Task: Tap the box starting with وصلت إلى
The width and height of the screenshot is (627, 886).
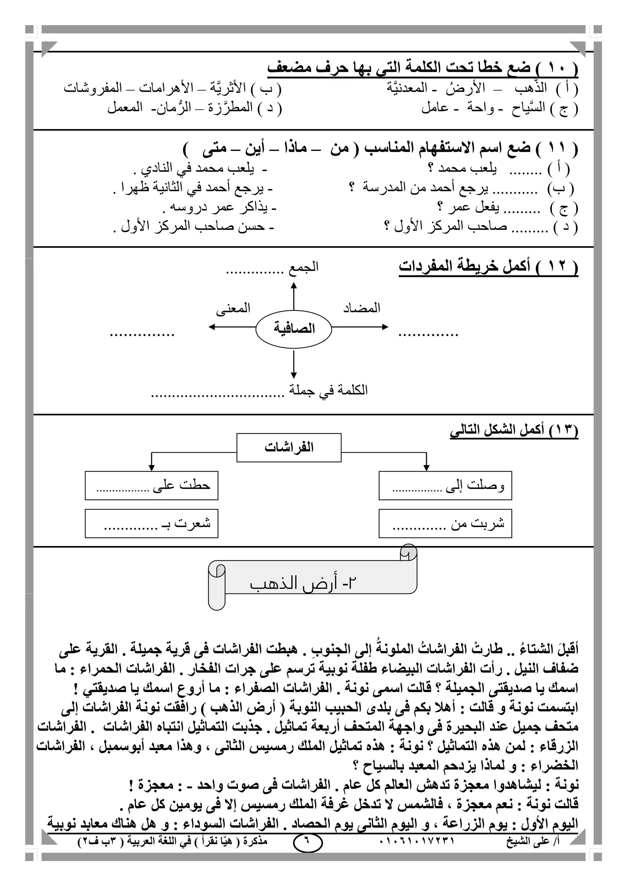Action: click(445, 486)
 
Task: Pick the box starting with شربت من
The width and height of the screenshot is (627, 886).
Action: click(445, 524)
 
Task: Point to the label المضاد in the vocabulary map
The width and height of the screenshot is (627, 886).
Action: click(362, 308)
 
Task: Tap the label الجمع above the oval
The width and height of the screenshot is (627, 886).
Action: click(303, 267)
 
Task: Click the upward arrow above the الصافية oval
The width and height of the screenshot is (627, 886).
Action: click(294, 296)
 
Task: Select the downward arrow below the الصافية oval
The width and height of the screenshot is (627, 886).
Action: click(294, 364)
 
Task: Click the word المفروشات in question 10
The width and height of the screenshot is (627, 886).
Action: click(93, 88)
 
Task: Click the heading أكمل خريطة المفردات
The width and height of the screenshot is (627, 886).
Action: click(488, 266)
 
